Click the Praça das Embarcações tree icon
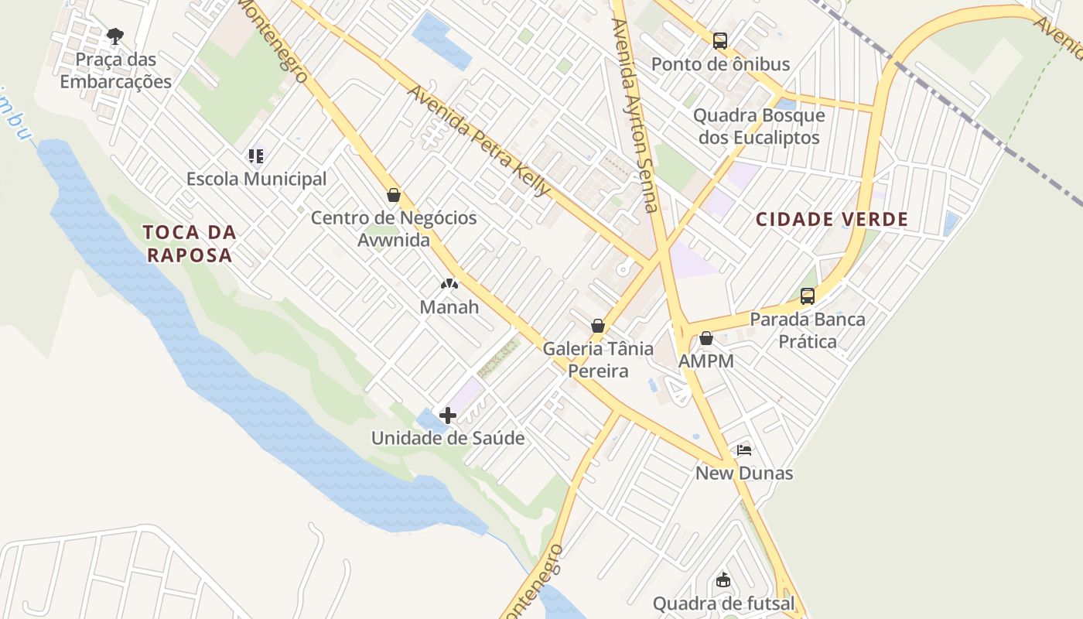(115, 36)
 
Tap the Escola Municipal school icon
(257, 156)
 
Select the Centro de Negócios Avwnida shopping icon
(394, 195)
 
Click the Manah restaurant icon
(449, 285)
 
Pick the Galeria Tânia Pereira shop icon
(598, 326)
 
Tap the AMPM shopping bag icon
(705, 338)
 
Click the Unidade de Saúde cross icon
(447, 416)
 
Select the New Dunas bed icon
(744, 450)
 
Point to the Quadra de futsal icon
(723, 580)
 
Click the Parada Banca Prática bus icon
(808, 296)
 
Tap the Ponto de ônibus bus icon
(720, 41)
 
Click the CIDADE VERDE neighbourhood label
(832, 220)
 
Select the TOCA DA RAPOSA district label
(190, 244)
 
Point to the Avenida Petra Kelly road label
(480, 140)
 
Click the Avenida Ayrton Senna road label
(634, 116)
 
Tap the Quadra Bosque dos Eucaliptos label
(759, 127)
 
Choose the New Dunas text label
(744, 473)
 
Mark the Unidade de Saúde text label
(448, 438)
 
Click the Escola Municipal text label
(256, 179)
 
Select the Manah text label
(449, 307)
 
